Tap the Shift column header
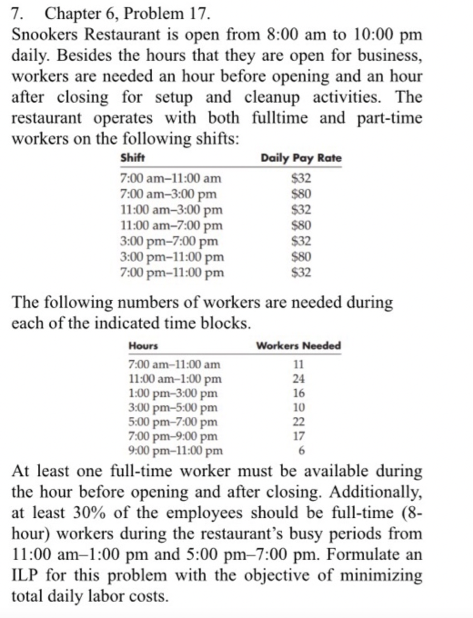tap(132, 158)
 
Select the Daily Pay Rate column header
tap(301, 158)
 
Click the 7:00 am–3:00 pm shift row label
tap(168, 194)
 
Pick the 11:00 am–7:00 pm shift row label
tap(171, 225)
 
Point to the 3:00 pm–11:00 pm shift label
tap(172, 257)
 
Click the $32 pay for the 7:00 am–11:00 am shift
tap(301, 178)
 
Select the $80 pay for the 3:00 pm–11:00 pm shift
tap(301, 257)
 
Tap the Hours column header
tap(143, 346)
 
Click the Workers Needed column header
tap(298, 346)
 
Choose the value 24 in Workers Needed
tap(298, 379)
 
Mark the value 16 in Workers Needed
tap(298, 393)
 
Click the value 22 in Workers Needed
tap(298, 422)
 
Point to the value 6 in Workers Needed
tap(301, 451)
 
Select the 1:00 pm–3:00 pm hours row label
tap(173, 393)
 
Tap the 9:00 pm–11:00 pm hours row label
tap(176, 451)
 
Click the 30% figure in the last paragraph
tap(90, 513)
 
